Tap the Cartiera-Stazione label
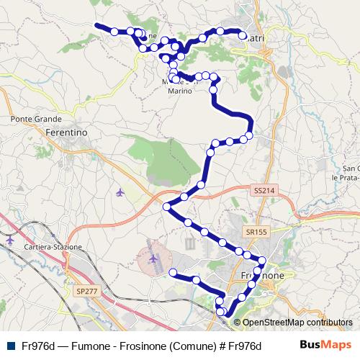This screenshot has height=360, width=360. (x=54, y=247)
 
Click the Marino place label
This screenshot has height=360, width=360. (x=181, y=91)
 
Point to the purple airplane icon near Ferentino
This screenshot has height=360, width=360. (x=120, y=192)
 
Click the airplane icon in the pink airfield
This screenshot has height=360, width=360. (x=153, y=257)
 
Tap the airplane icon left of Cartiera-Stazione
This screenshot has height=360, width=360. (x=9, y=239)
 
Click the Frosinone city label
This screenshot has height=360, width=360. (x=263, y=276)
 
